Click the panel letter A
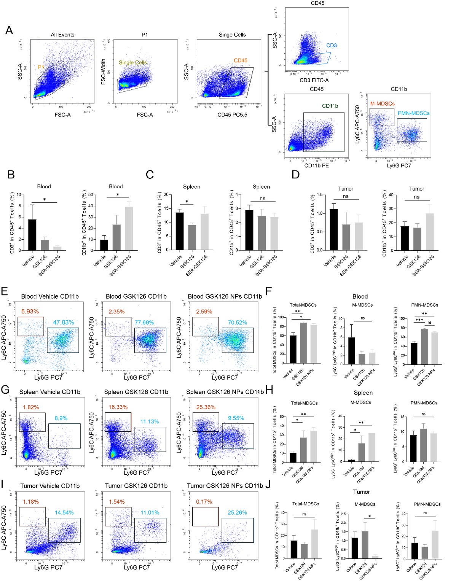[9, 30]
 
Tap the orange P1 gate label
[41, 67]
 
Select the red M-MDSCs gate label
[382, 103]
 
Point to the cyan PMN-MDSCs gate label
[413, 113]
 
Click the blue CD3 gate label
[331, 45]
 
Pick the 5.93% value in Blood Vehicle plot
[30, 312]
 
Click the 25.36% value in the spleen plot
[206, 407]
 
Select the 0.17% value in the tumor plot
[204, 502]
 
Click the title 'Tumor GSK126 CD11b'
[136, 486]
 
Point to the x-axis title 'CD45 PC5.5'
[232, 114]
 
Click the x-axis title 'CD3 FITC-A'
[314, 80]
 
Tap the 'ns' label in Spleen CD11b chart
[262, 199]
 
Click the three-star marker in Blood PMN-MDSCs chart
[419, 320]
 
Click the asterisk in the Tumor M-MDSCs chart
[369, 517]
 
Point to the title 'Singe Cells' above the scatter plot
[232, 35]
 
